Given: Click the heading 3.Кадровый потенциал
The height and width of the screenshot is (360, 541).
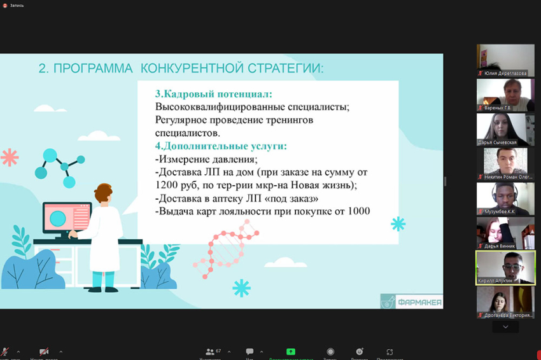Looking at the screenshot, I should point(213,93).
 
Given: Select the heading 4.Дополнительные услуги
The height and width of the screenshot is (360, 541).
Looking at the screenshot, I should point(221,146).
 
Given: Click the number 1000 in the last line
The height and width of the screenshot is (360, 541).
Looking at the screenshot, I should point(356,211).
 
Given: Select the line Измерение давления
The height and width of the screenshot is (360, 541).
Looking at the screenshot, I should point(206,159).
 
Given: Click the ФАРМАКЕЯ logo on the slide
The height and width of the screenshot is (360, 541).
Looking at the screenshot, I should point(411,301).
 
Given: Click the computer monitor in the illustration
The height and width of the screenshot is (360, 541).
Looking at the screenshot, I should point(67,218).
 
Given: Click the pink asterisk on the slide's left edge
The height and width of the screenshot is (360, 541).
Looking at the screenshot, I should point(10,156).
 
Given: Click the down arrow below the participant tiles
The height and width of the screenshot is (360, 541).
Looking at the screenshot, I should point(505,327).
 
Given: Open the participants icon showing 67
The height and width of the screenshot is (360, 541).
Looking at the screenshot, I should point(210,352).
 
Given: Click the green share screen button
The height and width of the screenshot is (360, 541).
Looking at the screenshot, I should point(291,352).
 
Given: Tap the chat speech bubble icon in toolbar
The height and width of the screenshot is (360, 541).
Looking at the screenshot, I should point(249,352).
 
